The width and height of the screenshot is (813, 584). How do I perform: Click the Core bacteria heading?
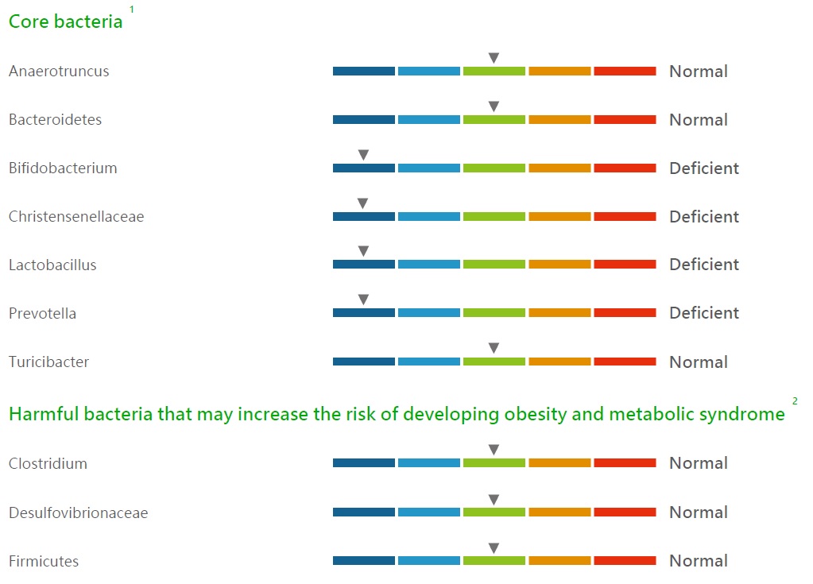tap(66, 21)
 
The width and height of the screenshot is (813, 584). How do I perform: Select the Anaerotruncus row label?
tap(59, 71)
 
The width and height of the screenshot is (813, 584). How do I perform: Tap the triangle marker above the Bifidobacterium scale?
tap(363, 154)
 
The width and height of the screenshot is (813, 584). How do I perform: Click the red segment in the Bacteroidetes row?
tap(625, 120)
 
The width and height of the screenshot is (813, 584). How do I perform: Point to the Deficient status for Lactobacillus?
tap(704, 265)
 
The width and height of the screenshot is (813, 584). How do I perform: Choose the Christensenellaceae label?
tap(76, 216)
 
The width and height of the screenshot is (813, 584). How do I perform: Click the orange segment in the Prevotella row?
tap(559, 313)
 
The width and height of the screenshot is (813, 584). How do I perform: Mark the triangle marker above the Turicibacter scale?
tap(494, 348)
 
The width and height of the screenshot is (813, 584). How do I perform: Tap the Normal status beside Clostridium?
tap(699, 462)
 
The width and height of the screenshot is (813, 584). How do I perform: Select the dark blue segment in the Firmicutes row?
tap(363, 561)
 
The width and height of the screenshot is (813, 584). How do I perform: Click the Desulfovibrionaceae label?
tap(79, 512)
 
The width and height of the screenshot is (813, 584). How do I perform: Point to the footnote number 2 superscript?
tap(795, 400)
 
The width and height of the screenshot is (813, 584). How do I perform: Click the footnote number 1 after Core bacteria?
tap(132, 10)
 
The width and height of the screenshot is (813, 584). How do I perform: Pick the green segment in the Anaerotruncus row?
tap(494, 71)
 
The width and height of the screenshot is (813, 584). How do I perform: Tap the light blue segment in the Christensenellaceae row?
tap(429, 216)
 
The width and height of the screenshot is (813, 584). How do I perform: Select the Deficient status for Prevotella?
tap(704, 313)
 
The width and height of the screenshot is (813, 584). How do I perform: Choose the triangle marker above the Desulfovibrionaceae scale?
tap(494, 500)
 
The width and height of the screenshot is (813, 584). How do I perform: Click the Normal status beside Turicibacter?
tap(699, 362)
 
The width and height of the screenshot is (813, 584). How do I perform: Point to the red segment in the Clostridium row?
tap(625, 462)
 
